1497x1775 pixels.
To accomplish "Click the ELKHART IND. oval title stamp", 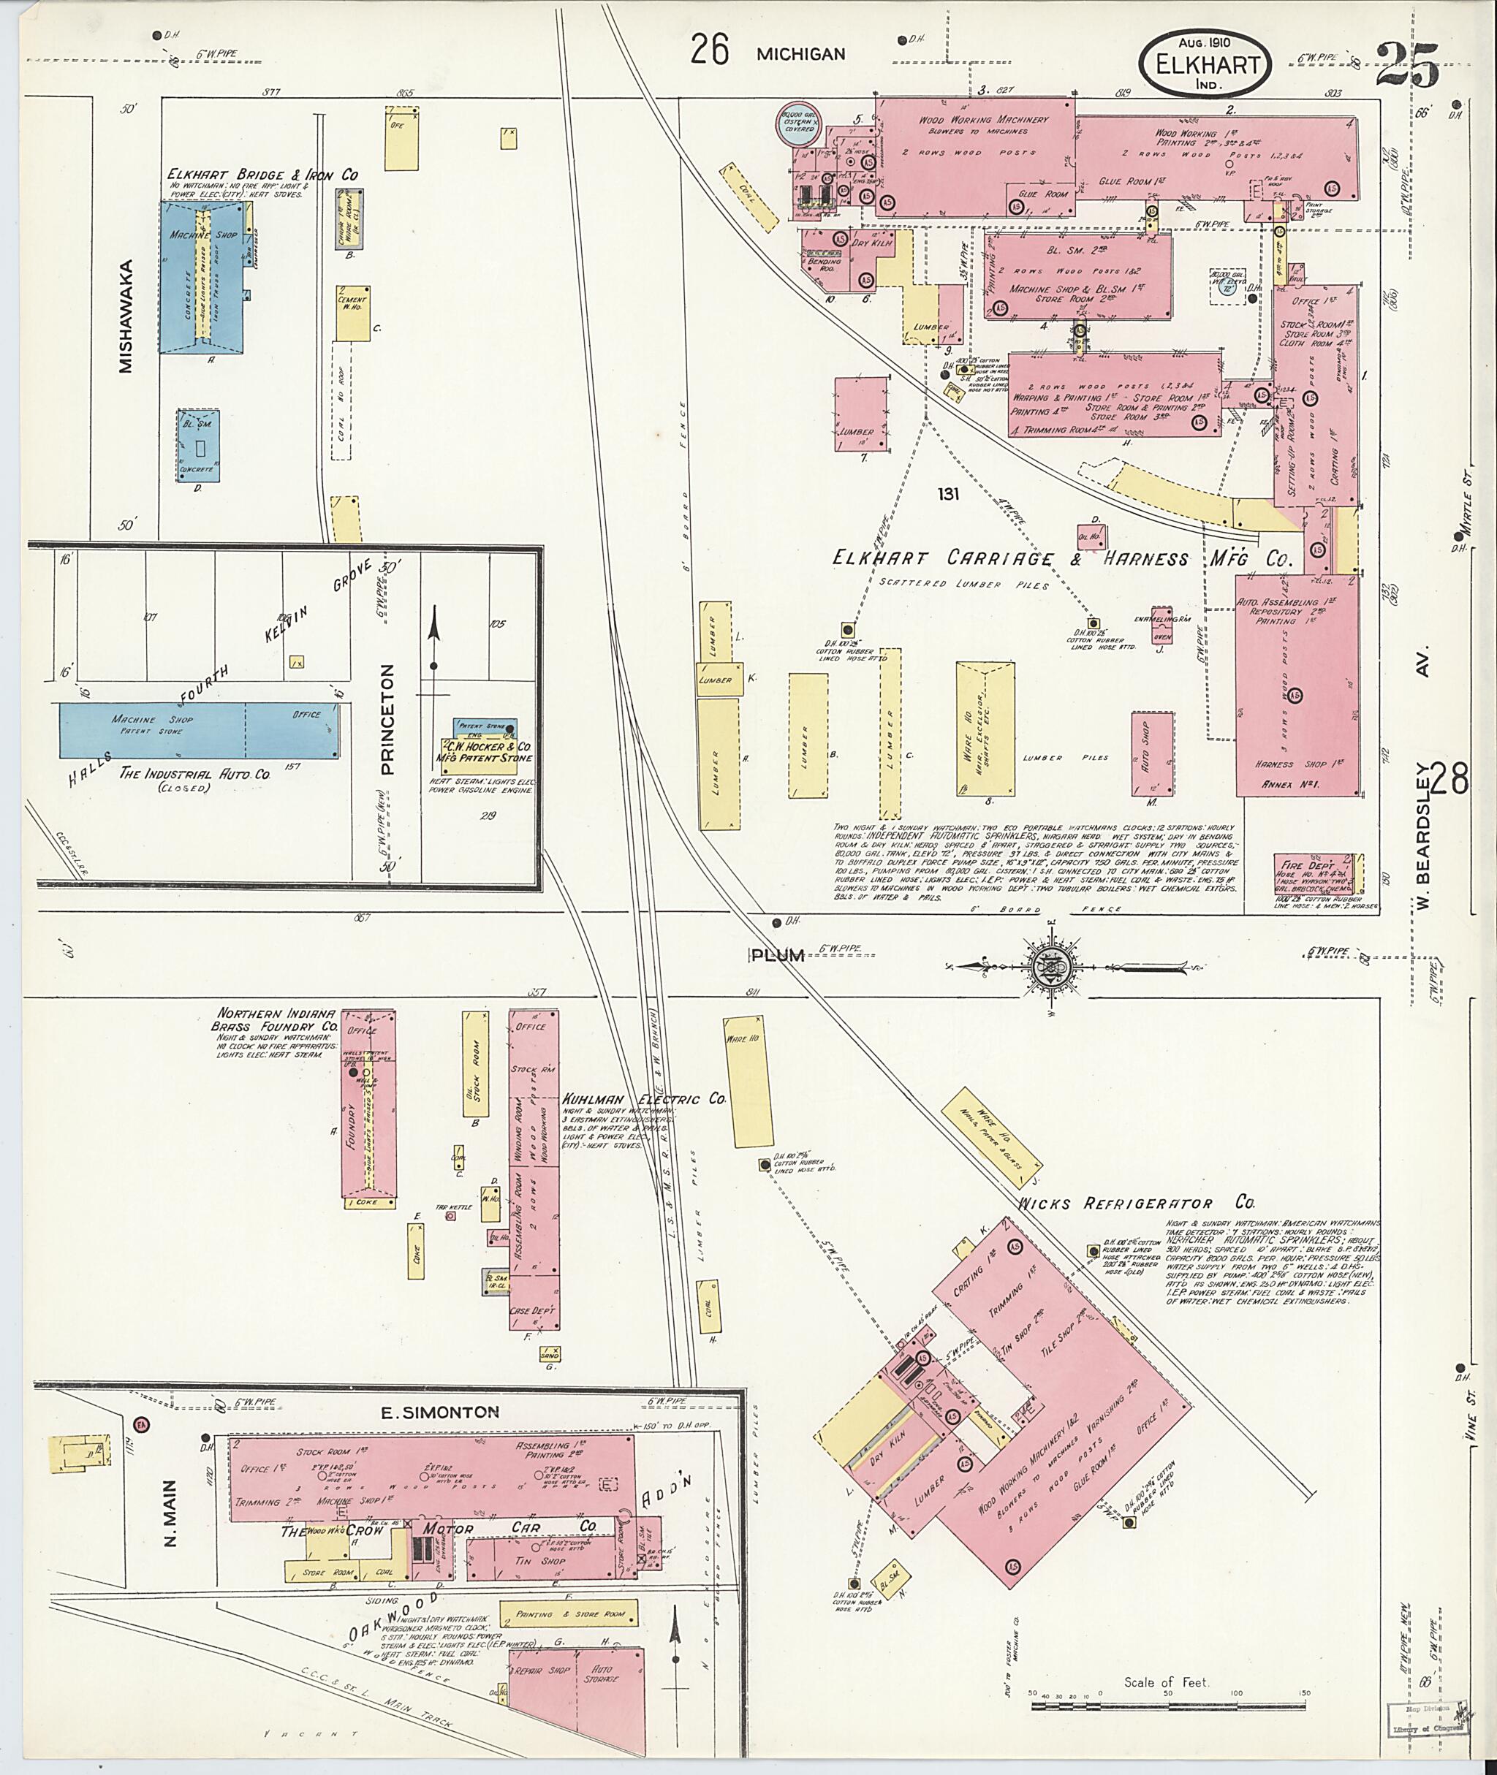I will pyautogui.click(x=1205, y=64).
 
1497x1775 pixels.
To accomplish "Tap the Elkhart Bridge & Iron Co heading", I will pyautogui.click(x=263, y=175).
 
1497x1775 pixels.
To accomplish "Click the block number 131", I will pyautogui.click(x=948, y=494).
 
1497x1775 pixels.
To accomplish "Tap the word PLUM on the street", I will pyautogui.click(x=777, y=955).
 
